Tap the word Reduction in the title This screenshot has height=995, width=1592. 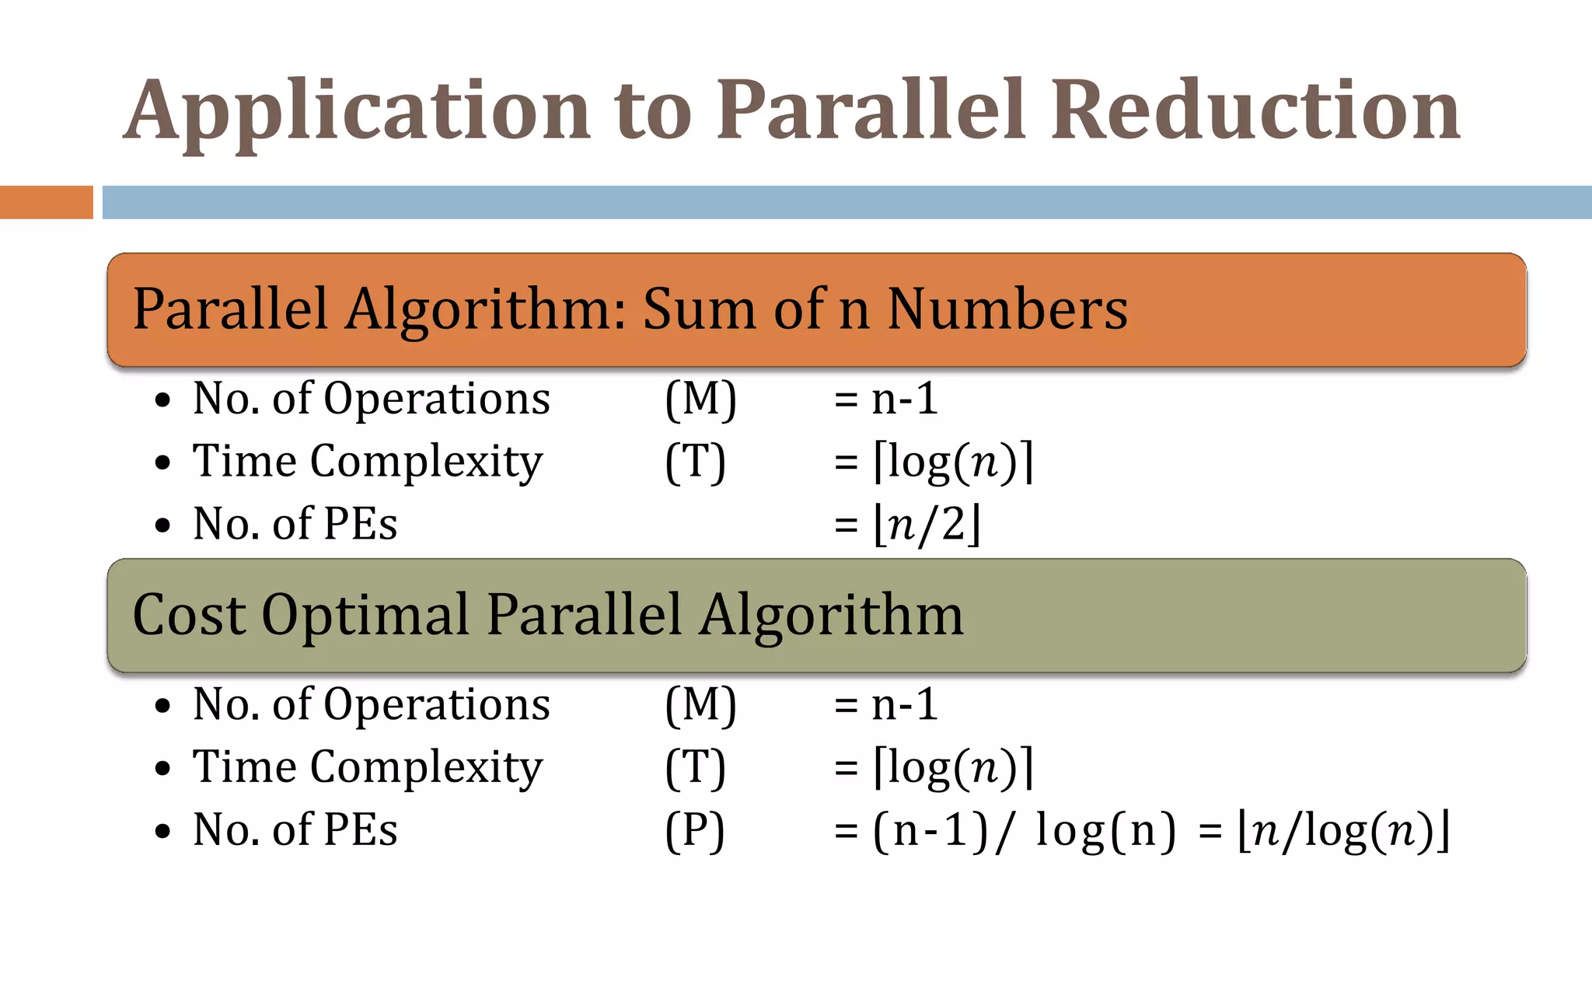(1255, 110)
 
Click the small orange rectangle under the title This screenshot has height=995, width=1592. (46, 202)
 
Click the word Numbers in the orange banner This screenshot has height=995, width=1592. (1007, 309)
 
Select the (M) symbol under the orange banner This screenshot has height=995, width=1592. (700, 400)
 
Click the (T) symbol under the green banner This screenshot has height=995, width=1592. (695, 768)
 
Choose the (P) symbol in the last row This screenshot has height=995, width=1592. (695, 830)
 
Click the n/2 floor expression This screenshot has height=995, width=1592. (927, 525)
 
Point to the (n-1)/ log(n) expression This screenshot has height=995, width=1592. (1025, 830)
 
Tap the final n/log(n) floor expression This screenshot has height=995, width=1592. (1344, 830)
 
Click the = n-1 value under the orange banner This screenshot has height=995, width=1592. (886, 400)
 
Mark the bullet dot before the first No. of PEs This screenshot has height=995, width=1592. (162, 525)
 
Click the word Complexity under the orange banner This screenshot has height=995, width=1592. (426, 463)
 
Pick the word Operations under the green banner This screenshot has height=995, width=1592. (436, 705)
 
